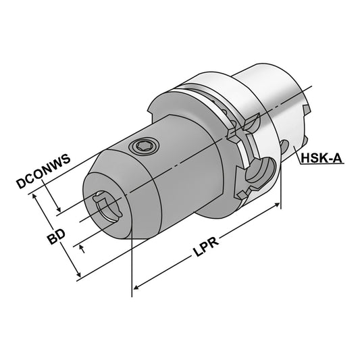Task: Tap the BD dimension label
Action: pyautogui.click(x=56, y=239)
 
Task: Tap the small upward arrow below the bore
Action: pyautogui.click(x=82, y=248)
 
